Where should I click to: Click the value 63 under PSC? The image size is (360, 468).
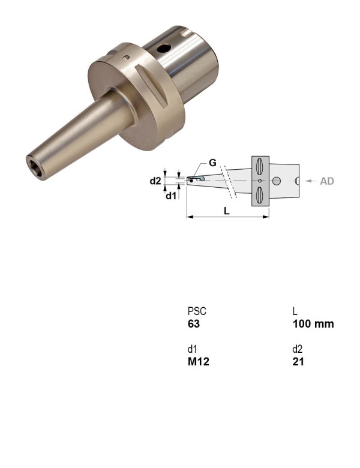click(x=193, y=324)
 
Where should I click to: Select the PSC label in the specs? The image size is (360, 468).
click(x=197, y=311)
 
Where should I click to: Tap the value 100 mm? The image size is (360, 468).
click(x=313, y=324)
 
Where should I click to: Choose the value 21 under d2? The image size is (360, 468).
click(x=298, y=362)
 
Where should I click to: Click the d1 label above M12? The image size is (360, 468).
click(x=192, y=349)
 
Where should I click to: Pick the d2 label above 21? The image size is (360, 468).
click(x=298, y=349)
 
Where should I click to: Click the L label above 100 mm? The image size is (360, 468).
click(x=295, y=311)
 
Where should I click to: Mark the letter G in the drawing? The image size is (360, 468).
click(x=212, y=163)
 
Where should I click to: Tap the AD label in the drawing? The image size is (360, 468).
click(x=326, y=181)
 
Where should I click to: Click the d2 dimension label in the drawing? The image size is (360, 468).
click(x=155, y=181)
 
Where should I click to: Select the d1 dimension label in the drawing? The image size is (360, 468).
click(x=172, y=195)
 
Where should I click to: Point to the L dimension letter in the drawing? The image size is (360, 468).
click(x=226, y=210)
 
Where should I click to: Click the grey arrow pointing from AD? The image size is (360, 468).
click(x=311, y=181)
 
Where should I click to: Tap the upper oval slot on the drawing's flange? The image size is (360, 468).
click(x=259, y=165)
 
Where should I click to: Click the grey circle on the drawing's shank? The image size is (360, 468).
click(x=277, y=181)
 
